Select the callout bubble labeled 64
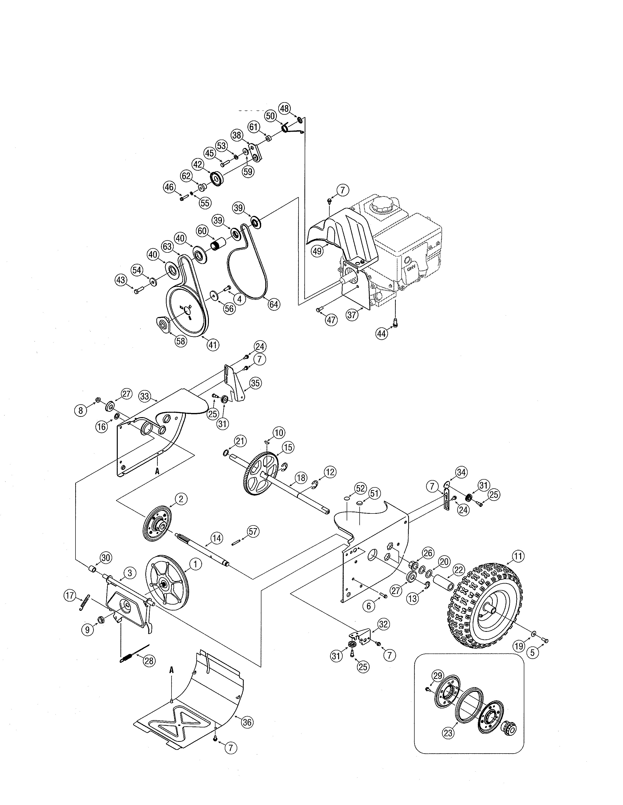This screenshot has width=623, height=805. (274, 304)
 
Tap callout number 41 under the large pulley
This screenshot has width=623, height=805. (213, 345)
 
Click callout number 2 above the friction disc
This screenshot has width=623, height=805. (181, 499)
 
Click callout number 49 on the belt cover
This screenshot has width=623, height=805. (317, 251)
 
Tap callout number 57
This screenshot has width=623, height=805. (253, 531)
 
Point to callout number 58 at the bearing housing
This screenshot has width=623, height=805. (181, 341)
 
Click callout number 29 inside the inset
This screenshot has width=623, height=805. (438, 676)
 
